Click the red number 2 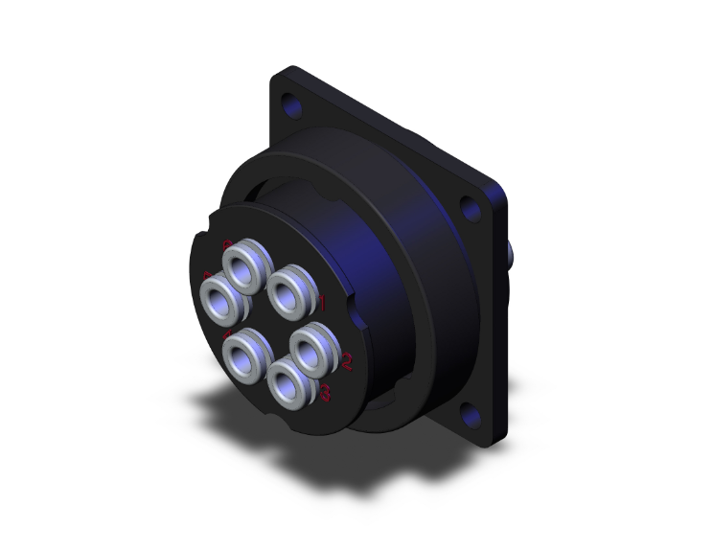346,361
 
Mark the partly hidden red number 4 227,335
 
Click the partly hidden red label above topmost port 226,243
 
